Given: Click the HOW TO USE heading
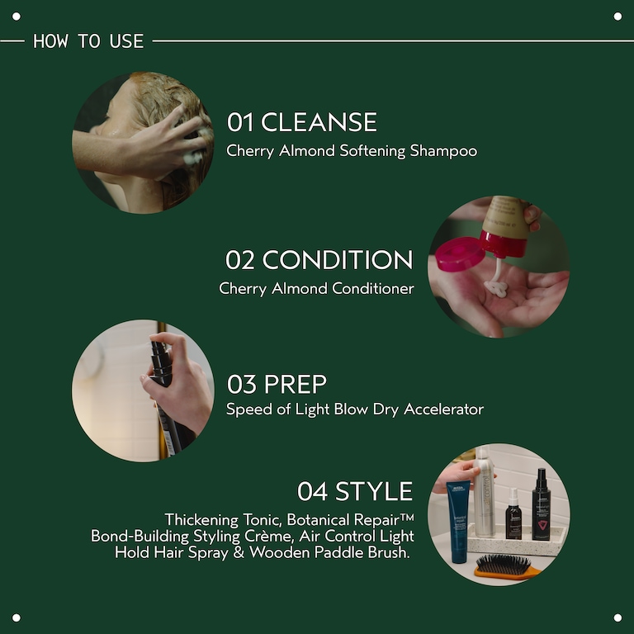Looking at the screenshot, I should pyautogui.click(x=88, y=41).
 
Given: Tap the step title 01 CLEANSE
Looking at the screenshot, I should pyautogui.click(x=302, y=123).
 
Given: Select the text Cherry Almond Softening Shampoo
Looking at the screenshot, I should pyautogui.click(x=352, y=151).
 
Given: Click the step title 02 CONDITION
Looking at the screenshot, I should pyautogui.click(x=319, y=260).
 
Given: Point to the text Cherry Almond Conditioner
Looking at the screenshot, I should pyautogui.click(x=316, y=288).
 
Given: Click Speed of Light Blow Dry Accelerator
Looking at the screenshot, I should pyautogui.click(x=355, y=409).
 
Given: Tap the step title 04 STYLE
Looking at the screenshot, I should pyautogui.click(x=355, y=491).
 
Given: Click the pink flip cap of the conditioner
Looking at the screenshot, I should pyautogui.click(x=460, y=254).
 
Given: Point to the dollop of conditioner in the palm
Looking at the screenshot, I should pyautogui.click(x=495, y=288).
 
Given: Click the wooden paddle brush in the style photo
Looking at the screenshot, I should pyautogui.click(x=507, y=567).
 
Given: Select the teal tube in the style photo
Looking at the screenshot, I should pyautogui.click(x=458, y=520).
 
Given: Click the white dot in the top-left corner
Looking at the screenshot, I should pyautogui.click(x=16, y=16).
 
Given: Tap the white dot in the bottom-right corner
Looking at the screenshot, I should pyautogui.click(x=617, y=617).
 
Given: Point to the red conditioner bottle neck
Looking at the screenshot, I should pyautogui.click(x=504, y=243).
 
